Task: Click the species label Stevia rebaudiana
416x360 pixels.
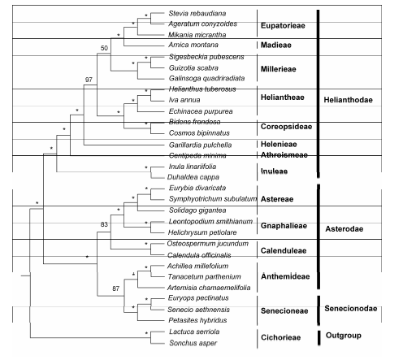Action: (x=197, y=13)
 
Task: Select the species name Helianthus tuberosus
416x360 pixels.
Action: (x=202, y=89)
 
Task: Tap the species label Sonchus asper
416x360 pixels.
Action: (x=193, y=343)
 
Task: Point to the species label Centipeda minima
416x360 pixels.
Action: (x=197, y=155)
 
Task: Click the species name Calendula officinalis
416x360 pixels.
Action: (x=199, y=255)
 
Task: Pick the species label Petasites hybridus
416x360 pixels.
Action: (x=197, y=320)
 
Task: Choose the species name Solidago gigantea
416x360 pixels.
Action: (x=197, y=210)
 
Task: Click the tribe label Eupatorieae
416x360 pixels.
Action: (x=283, y=25)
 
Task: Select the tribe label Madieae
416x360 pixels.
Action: (x=276, y=45)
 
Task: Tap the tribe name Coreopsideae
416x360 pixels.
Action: (x=286, y=127)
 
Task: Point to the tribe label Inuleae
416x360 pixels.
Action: (x=274, y=171)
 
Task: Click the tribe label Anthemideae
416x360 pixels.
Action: (x=285, y=276)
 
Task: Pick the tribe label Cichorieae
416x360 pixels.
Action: (x=280, y=337)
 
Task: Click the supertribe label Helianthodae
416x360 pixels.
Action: (x=348, y=100)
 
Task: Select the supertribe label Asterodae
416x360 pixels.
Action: (x=344, y=229)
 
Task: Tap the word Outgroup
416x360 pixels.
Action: (x=344, y=336)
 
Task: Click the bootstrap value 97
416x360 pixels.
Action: (x=89, y=80)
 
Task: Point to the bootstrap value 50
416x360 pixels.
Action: (x=104, y=48)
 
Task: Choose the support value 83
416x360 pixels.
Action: (x=104, y=224)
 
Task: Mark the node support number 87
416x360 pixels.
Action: (x=115, y=288)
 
